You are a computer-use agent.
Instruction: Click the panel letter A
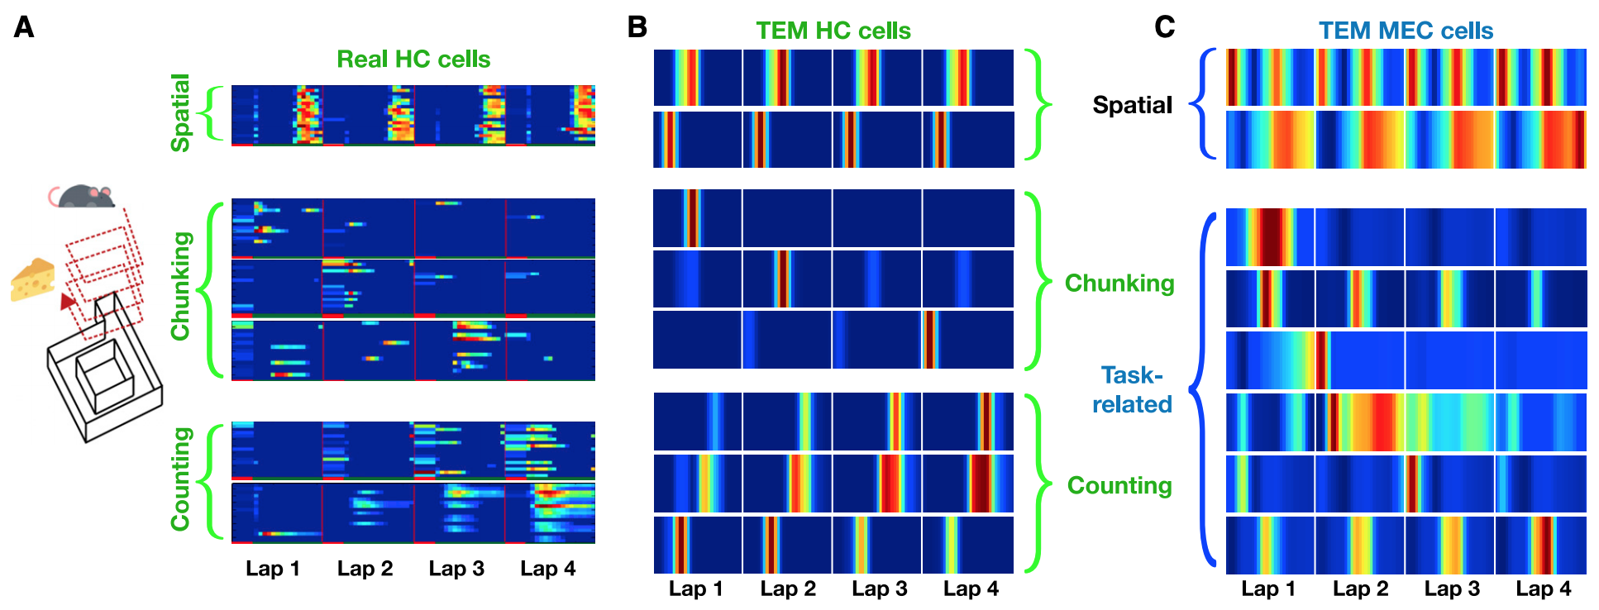[24, 27]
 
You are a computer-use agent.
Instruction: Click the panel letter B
[637, 27]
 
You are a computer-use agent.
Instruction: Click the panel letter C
[1164, 27]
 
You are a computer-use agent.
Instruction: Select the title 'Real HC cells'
[413, 60]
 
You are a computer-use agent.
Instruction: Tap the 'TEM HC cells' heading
[833, 31]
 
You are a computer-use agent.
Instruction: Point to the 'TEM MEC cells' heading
[1406, 31]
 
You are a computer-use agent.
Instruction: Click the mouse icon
[82, 197]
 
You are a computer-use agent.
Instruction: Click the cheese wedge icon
[33, 279]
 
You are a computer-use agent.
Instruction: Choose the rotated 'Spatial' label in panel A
[180, 112]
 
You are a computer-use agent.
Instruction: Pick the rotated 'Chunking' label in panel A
[180, 286]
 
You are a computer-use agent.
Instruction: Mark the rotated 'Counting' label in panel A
[180, 479]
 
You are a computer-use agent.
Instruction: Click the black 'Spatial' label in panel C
[1132, 105]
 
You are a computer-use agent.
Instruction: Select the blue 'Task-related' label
[1132, 389]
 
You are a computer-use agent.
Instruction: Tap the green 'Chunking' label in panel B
[1119, 284]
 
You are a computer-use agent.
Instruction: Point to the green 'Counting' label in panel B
[1119, 485]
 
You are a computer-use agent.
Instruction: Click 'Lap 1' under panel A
[273, 569]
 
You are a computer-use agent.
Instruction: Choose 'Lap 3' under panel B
[880, 589]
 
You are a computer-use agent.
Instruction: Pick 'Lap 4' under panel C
[1544, 589]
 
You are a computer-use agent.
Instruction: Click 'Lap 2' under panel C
[1360, 589]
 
